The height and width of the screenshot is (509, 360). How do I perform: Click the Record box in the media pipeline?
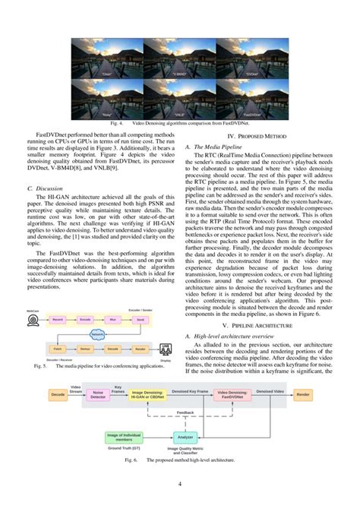point(58,320)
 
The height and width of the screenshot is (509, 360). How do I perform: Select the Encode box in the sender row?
point(85,320)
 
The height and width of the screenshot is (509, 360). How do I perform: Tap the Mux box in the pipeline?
point(112,320)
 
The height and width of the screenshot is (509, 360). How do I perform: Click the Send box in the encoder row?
point(140,320)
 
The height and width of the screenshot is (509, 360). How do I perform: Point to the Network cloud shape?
point(98,334)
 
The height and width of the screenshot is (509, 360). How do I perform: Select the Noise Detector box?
point(99,395)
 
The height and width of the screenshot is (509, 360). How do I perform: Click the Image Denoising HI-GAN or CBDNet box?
point(150,395)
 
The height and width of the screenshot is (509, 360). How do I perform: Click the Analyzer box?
point(185,438)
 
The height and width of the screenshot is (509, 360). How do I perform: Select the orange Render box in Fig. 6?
point(303,395)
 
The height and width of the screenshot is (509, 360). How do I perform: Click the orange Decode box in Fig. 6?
point(58,395)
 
